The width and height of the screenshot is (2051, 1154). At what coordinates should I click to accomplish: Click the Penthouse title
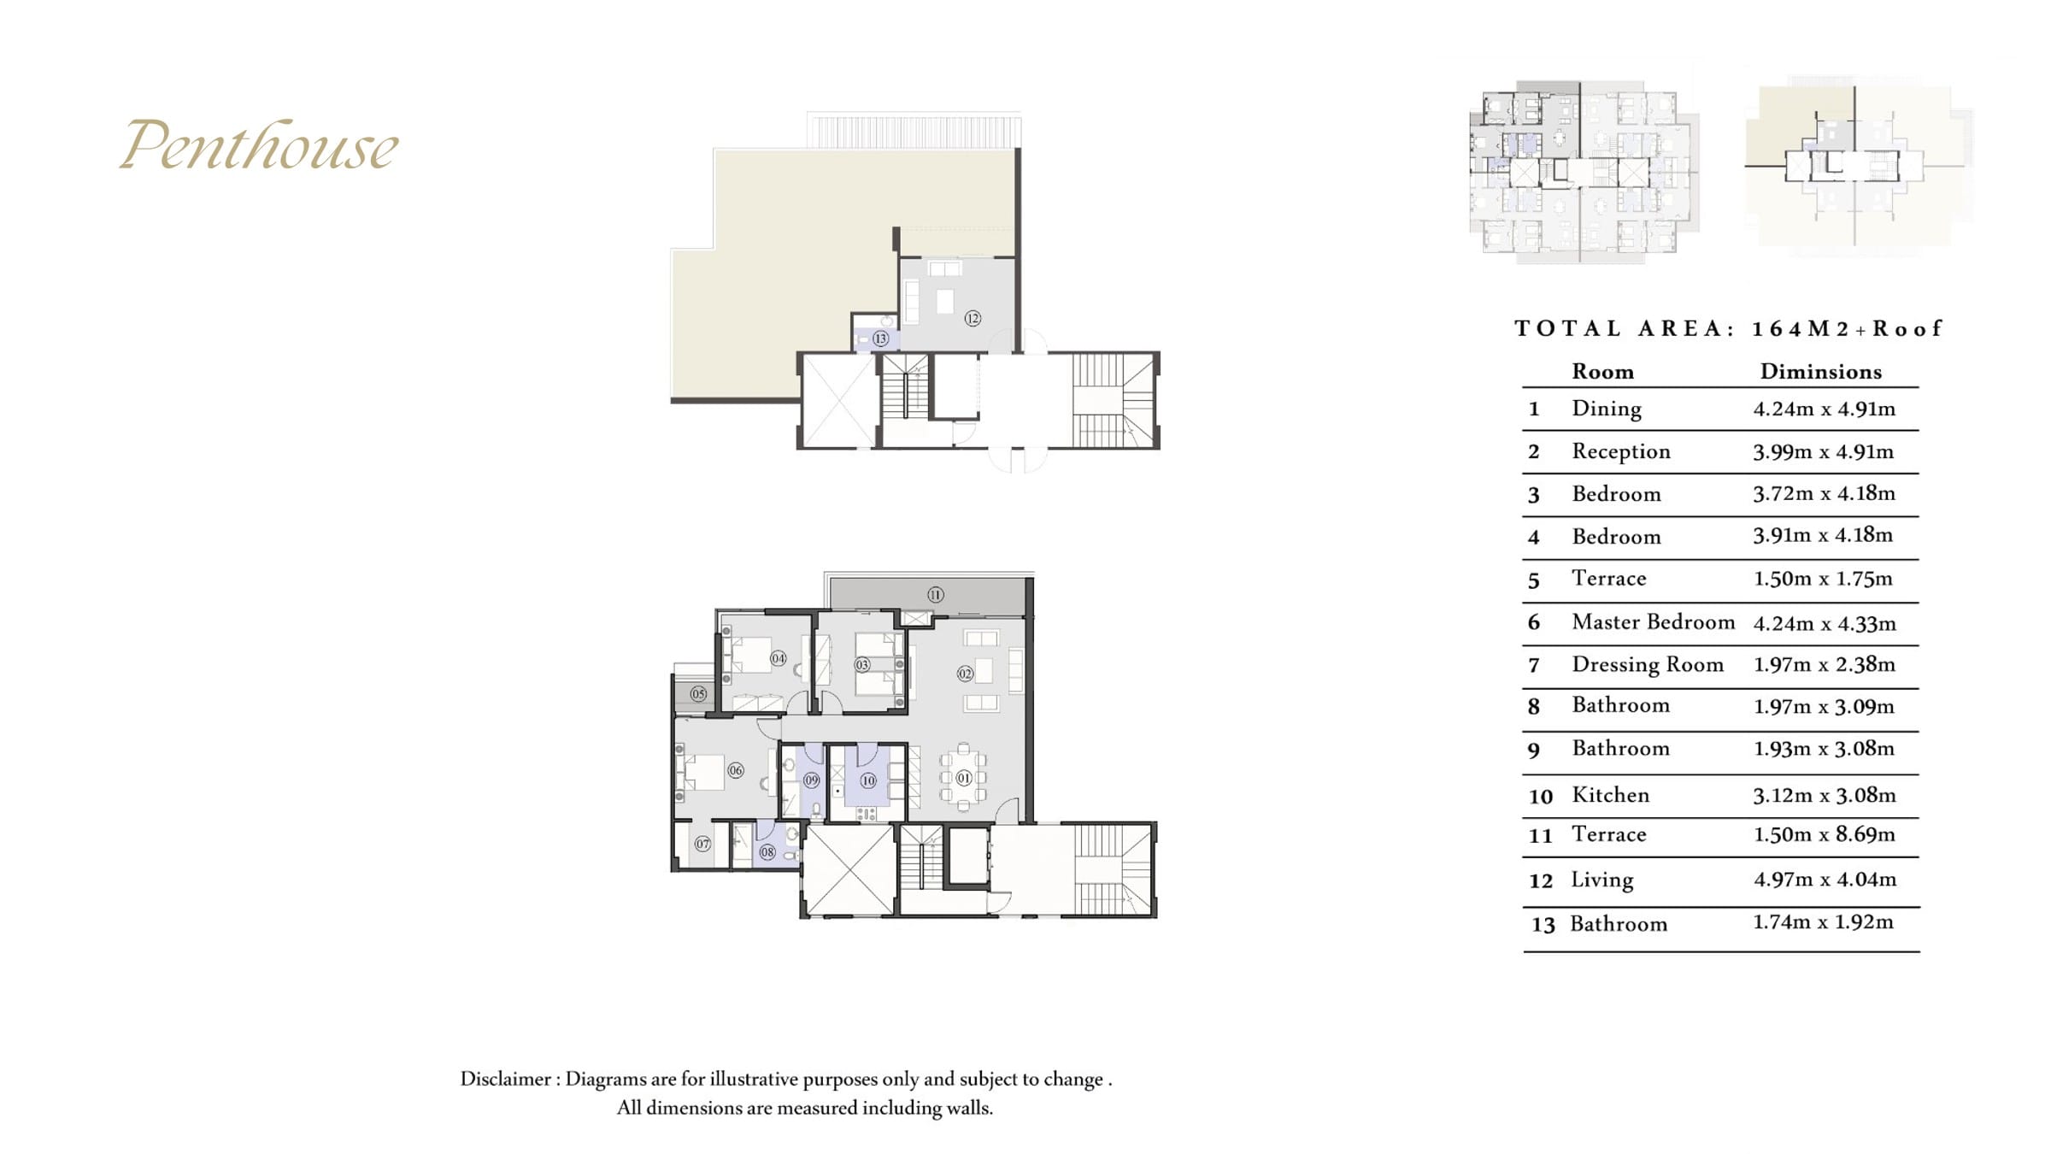tap(258, 144)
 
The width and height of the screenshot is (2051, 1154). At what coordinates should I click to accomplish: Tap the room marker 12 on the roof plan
tap(973, 318)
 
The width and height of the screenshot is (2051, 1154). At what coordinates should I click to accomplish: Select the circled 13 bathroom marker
tap(880, 339)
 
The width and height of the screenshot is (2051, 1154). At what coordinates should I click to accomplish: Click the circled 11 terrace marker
tap(936, 594)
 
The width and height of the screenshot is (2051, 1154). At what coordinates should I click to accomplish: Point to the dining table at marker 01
tap(963, 778)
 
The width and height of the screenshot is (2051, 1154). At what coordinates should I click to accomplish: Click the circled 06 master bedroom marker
tap(736, 770)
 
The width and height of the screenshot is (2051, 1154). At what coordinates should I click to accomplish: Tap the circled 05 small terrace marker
tap(699, 693)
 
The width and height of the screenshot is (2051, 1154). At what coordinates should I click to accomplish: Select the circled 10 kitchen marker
tap(868, 780)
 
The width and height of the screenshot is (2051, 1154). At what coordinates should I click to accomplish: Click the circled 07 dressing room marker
tap(702, 844)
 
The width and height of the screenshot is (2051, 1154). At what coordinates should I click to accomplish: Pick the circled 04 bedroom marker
tap(778, 658)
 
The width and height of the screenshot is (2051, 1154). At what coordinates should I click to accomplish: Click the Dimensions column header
tap(1820, 372)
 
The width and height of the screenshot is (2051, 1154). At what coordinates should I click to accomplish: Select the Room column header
tap(1602, 372)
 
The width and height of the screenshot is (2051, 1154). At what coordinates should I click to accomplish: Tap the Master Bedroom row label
tap(1653, 621)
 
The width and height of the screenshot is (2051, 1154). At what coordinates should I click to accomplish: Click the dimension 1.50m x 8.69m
tap(1824, 834)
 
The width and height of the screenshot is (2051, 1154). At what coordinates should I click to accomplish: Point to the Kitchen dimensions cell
tap(1824, 795)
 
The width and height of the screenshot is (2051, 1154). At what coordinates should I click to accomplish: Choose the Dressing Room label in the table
tap(1648, 665)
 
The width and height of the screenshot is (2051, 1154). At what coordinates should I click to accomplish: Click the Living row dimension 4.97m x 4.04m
tap(1825, 880)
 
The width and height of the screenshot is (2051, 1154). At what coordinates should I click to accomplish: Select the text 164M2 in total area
tap(1801, 329)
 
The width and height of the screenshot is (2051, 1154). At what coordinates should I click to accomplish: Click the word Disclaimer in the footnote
tap(506, 1079)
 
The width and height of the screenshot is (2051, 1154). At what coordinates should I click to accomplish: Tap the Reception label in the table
tap(1620, 451)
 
